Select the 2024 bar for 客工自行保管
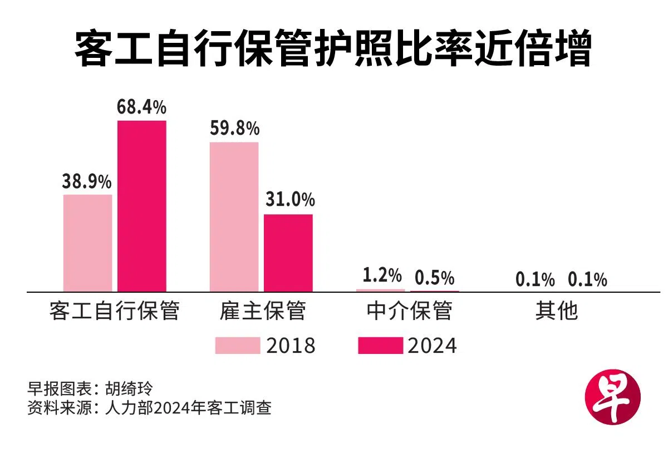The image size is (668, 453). point(141,205)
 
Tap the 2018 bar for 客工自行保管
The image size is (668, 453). point(87,243)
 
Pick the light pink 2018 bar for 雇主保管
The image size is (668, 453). point(234,216)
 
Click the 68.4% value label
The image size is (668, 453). point(141,107)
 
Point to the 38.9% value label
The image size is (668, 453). point(87,182)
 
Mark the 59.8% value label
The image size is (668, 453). point(234,129)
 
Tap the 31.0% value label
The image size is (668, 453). point(289,200)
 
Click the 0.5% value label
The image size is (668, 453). point(435,277)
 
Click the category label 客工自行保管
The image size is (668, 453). point(114,311)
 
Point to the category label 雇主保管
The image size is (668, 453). point(262,311)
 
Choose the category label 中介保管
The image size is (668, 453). point(409,311)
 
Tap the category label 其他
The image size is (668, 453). point(557,311)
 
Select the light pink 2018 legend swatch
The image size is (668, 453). point(238,346)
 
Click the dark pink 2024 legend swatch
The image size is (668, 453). point(380,346)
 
